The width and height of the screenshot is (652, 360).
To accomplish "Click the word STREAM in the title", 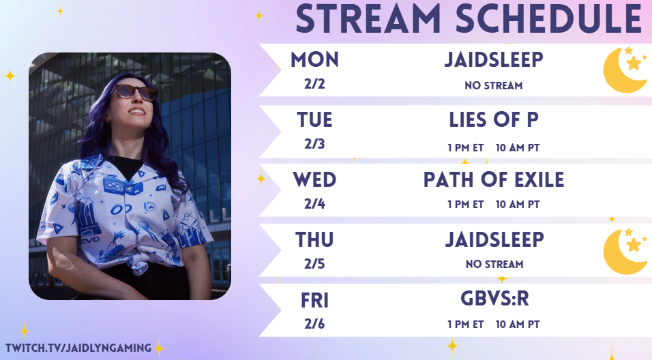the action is point(368,18).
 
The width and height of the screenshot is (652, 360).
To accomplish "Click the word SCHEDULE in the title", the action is point(548,18).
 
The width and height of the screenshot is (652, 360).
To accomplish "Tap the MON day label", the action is point(315,60).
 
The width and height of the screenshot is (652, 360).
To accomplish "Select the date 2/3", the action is point(314,144).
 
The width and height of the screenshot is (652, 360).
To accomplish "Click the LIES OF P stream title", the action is point(494,120).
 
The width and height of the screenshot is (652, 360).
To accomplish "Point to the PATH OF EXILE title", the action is point(494,179).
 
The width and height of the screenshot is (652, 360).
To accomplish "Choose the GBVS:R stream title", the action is point(494,299).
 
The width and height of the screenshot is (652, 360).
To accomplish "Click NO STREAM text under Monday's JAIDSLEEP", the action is point(494,86).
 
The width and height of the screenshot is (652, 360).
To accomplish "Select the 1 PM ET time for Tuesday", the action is point(466,147).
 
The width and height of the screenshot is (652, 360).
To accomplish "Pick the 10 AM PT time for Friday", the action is point(518,325).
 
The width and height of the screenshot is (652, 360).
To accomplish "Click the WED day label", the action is point(315,180).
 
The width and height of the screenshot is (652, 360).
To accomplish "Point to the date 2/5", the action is point(314,264).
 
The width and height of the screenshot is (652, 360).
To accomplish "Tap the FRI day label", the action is point(315,301).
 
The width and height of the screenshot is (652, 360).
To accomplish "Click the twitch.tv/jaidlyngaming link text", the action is point(78,348).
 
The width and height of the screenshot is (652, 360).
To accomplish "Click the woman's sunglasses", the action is point(134,92).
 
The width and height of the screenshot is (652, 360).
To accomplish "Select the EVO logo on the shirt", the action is point(90,239).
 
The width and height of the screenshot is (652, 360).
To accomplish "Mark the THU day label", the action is point(315,240).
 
